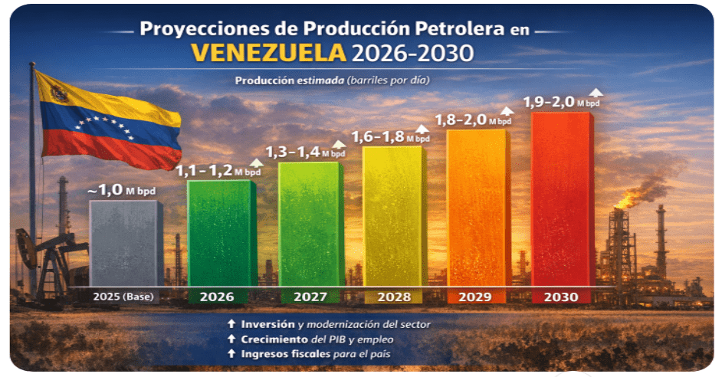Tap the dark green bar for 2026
[222, 234]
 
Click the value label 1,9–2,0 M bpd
[550, 102]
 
